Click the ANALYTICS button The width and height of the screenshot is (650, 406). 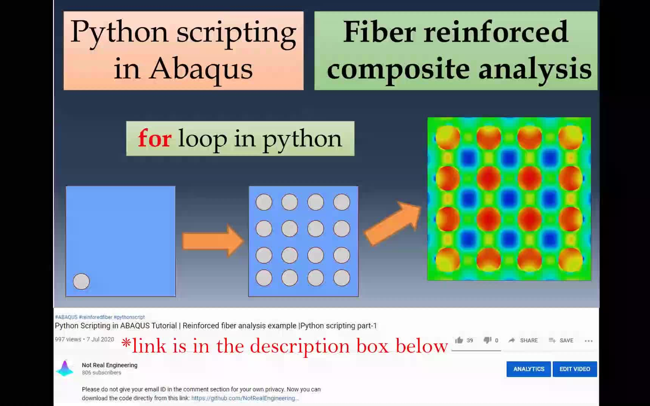[529, 369]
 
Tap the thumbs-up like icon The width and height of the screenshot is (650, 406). [459, 340]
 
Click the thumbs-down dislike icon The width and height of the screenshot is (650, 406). [487, 340]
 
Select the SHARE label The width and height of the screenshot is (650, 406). [529, 341]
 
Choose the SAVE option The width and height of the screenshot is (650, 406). [566, 341]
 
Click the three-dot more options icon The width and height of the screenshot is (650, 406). [589, 341]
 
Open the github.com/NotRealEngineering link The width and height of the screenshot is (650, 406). [245, 398]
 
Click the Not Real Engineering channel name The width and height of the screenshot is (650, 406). [109, 365]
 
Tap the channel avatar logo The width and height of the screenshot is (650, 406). [65, 368]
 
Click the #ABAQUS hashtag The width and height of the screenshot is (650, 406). [66, 317]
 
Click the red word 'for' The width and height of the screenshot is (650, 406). [155, 138]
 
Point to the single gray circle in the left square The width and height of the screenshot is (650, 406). [81, 282]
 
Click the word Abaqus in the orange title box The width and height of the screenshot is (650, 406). [201, 69]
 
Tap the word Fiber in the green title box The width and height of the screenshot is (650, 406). [380, 32]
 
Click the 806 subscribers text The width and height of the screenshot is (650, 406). [102, 373]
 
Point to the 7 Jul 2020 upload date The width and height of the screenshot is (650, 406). [100, 339]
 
